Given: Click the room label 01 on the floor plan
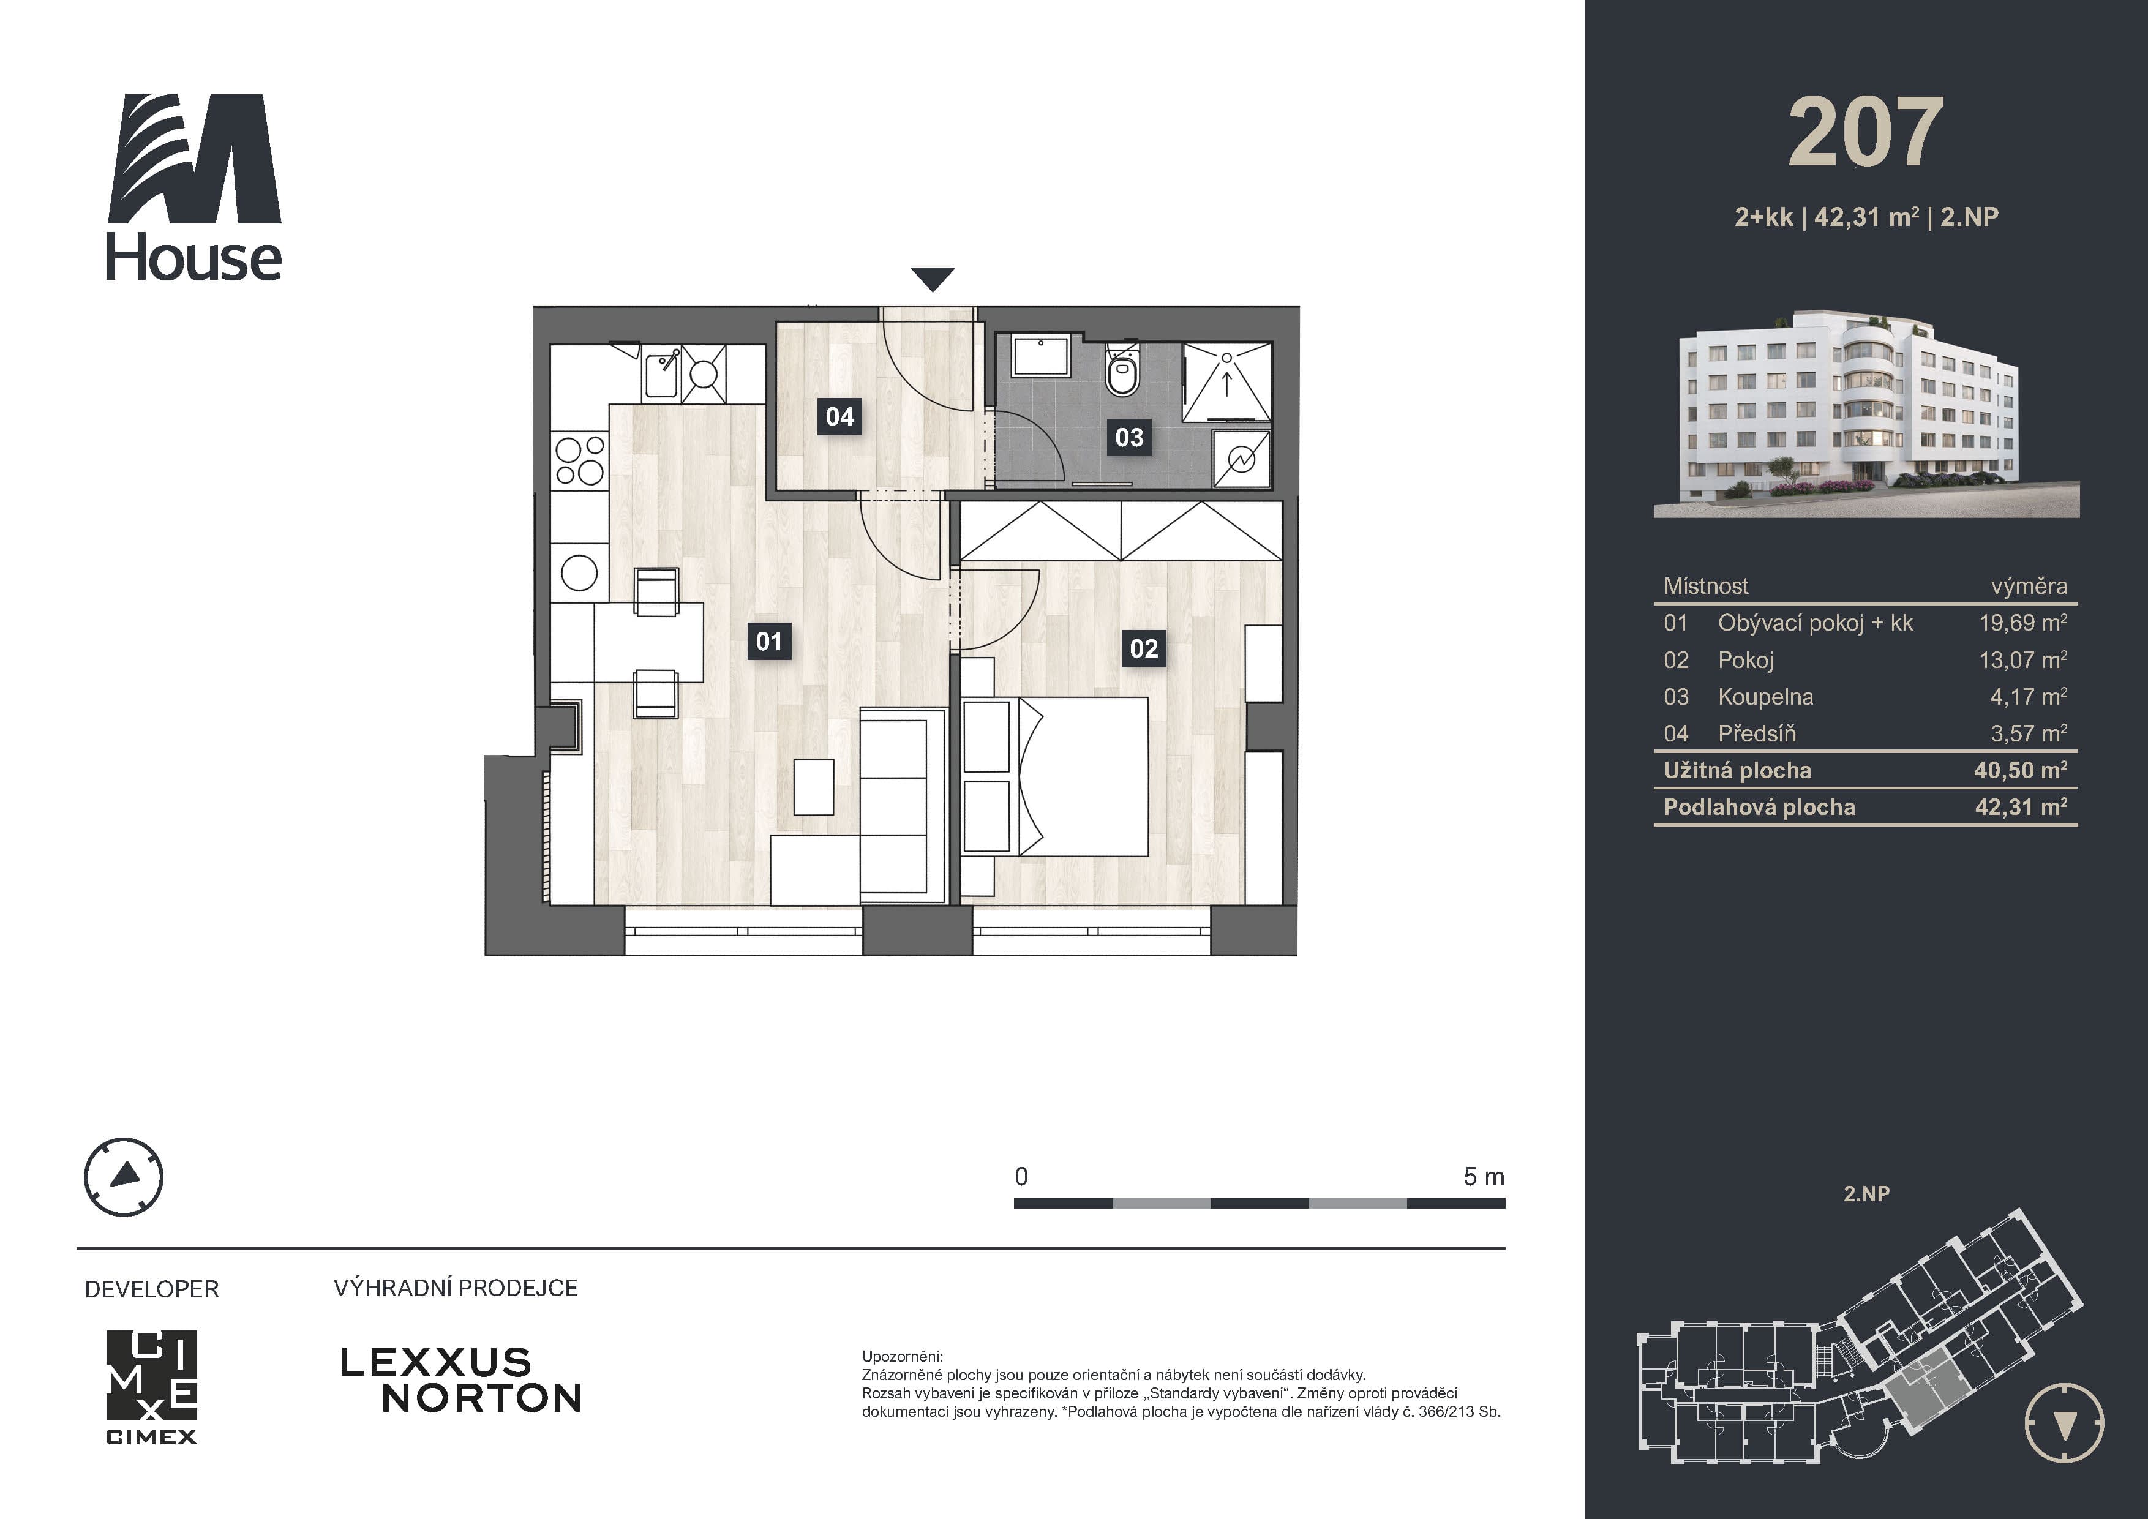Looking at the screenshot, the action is tap(769, 642).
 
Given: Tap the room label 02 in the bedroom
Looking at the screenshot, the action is tap(1143, 648).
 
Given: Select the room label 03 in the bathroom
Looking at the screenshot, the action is tap(1129, 437).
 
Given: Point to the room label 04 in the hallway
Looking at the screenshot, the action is tap(839, 416).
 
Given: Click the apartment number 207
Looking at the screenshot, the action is tap(1866, 133).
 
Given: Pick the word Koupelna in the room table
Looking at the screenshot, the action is tap(1765, 697).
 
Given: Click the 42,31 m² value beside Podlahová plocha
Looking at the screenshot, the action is tap(2021, 807).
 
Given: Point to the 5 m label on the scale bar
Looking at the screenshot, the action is tap(1484, 1177).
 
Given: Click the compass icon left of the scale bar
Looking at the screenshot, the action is tap(124, 1177).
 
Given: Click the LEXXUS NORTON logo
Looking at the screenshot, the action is tap(460, 1379).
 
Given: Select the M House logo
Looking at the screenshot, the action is tap(193, 187).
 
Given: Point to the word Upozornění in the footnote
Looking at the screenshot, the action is tap(902, 1356).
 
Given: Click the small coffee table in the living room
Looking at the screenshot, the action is tap(814, 787).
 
